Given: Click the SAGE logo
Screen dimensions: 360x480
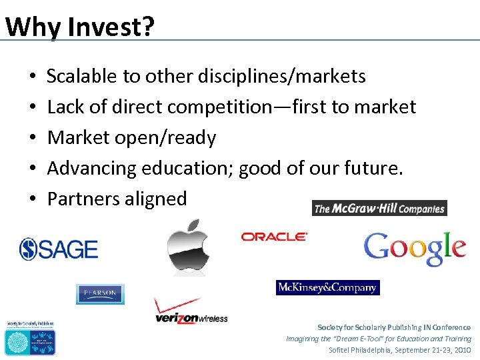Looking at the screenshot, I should coord(59,249).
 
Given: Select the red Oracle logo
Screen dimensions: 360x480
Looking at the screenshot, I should coord(274,237).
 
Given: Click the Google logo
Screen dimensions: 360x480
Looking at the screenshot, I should coord(415,248).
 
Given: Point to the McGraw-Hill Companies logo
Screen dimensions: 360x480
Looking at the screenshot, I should coord(379,209).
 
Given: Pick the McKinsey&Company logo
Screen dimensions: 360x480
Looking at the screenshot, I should coord(327,288).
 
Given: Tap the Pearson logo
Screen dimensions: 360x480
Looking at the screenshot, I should coord(100,293).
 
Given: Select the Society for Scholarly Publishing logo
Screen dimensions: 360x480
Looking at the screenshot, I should coord(30,338).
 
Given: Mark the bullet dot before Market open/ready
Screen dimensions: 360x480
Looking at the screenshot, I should coord(33,138).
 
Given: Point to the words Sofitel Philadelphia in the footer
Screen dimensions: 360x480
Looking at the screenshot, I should coord(360,350).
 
